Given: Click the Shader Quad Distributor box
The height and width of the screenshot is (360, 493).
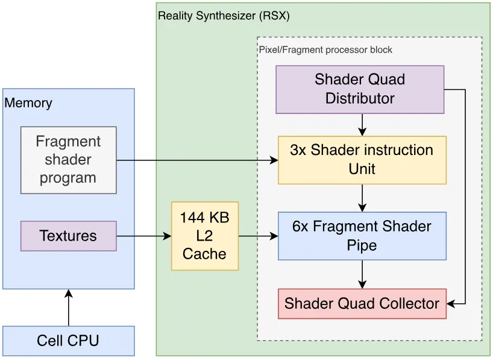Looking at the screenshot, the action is point(360,89).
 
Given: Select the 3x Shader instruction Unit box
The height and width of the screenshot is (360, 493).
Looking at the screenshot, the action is point(362,160).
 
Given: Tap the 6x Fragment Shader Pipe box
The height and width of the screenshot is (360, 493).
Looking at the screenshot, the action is point(362,236).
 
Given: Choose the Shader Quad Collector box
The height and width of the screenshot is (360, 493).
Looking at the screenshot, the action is point(362,304).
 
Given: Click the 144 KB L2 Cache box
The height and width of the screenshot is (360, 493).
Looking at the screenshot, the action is point(205,236).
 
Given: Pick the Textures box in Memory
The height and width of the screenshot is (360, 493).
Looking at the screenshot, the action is point(69,236).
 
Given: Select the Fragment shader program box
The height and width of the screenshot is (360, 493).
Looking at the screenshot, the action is point(69,160).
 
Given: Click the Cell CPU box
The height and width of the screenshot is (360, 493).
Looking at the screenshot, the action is point(69,341).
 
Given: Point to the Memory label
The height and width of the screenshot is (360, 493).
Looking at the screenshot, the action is point(28,103).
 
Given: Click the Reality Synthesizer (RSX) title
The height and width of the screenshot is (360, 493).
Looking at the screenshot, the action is point(224,16).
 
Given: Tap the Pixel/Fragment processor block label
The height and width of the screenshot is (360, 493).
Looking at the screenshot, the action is point(325,49).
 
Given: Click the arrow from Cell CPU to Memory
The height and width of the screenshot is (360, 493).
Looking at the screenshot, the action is point(69,308).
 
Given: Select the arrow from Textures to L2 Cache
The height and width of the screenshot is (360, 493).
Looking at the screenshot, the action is point(144,236).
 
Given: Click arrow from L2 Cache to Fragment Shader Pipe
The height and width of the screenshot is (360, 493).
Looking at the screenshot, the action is point(258,236).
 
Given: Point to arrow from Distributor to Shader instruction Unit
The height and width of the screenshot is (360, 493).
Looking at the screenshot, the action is point(362,125).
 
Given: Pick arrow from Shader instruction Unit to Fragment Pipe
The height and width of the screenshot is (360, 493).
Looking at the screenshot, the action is point(362,198).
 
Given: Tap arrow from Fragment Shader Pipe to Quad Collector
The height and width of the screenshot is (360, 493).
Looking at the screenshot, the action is point(362,274).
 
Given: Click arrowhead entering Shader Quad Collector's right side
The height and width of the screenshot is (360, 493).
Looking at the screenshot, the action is point(450,304).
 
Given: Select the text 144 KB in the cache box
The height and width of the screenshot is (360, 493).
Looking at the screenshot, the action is point(205,218).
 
